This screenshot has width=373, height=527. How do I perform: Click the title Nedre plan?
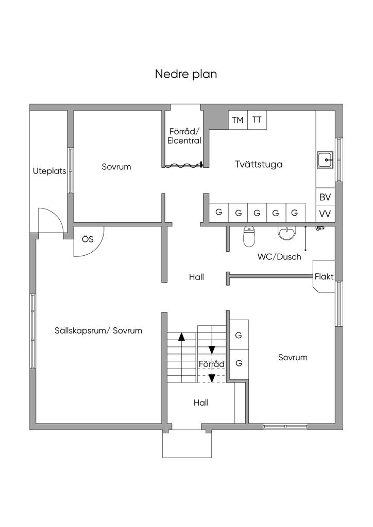(186, 74)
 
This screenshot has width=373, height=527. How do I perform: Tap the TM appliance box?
(238, 120)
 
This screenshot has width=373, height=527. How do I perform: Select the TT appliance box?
(257, 120)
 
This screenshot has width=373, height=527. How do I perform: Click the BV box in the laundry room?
(325, 197)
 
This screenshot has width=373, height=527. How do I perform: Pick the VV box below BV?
(325, 214)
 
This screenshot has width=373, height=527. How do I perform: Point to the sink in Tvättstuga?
(326, 160)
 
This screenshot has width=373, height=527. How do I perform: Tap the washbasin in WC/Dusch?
(287, 234)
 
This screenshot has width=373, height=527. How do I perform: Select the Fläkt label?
(324, 276)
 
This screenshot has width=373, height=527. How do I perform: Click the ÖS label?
(88, 239)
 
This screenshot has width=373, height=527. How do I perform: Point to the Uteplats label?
(49, 171)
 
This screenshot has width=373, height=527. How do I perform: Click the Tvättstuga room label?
(259, 165)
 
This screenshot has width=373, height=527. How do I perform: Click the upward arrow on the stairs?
(181, 338)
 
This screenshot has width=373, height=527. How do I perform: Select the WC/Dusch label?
(279, 257)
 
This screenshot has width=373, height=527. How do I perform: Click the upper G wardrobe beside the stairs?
(239, 335)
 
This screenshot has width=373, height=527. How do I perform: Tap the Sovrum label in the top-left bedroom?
(116, 167)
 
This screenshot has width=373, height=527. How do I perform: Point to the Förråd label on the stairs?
(212, 364)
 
